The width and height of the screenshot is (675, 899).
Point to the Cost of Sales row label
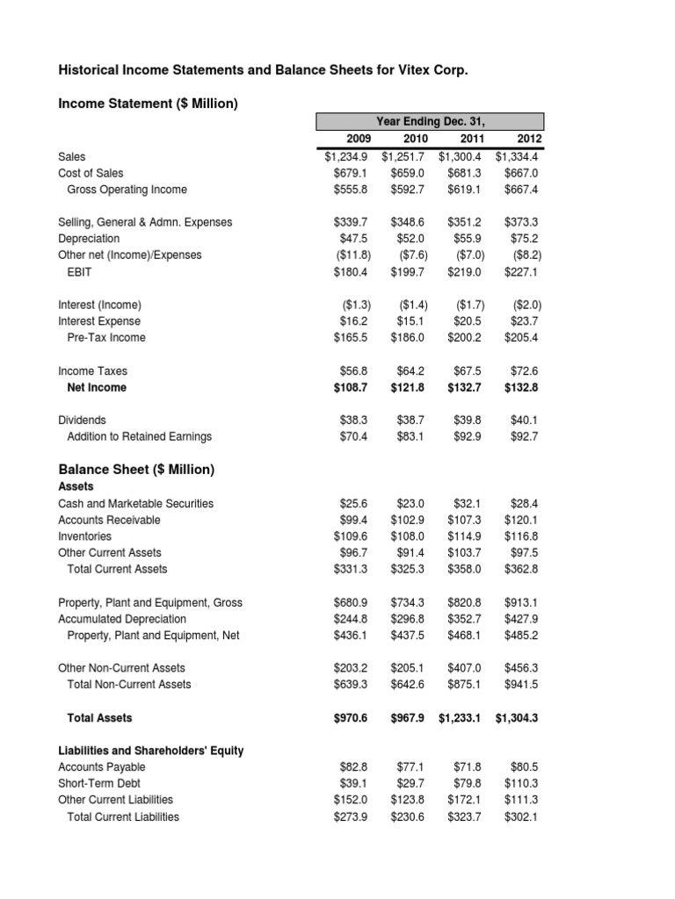click(x=91, y=173)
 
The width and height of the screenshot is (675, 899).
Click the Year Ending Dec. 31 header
click(x=430, y=121)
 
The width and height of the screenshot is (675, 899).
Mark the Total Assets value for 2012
click(x=517, y=717)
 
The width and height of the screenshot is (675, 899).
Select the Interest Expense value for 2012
click(x=523, y=321)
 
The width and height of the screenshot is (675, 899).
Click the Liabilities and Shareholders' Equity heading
click(x=150, y=751)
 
